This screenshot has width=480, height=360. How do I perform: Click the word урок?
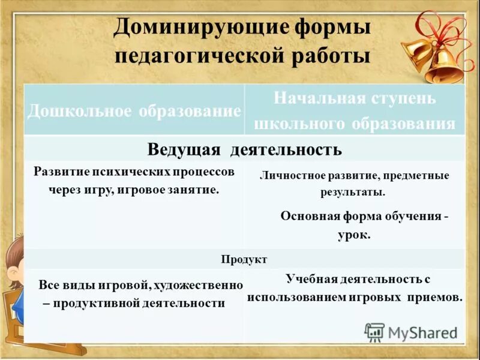coord(354,235)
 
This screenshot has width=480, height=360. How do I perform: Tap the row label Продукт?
coord(244,259)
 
